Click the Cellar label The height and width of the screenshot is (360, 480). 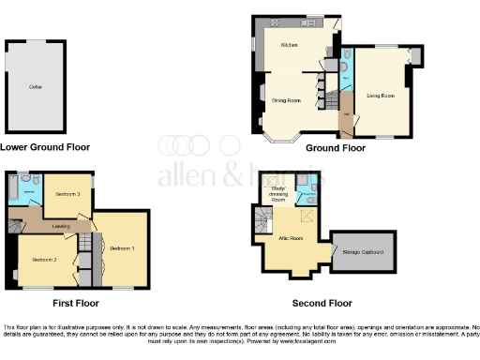36,86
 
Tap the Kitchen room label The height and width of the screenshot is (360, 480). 289,45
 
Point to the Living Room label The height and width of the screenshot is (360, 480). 380,96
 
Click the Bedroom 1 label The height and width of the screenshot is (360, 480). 123,247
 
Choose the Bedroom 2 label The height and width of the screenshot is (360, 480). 45,259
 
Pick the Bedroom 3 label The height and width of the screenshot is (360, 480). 66,193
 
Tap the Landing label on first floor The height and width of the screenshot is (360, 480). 63,225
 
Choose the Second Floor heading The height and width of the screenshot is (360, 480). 322,303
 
